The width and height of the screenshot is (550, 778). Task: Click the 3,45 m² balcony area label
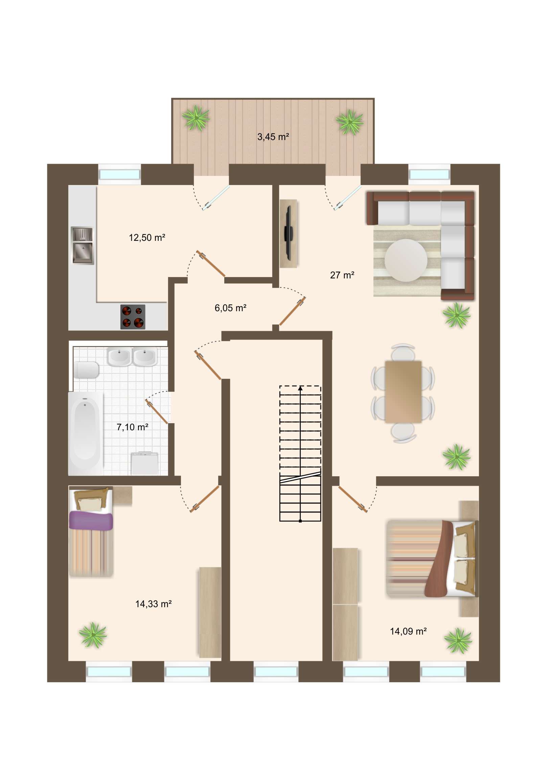pyautogui.click(x=273, y=137)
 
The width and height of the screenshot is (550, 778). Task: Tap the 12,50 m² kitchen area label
pyautogui.click(x=147, y=237)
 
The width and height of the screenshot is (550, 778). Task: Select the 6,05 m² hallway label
pyautogui.click(x=230, y=308)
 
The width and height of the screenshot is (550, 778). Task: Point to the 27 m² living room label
pyautogui.click(x=342, y=275)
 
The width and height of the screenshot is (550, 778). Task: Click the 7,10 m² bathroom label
pyautogui.click(x=132, y=427)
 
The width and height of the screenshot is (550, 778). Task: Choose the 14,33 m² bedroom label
pyautogui.click(x=153, y=604)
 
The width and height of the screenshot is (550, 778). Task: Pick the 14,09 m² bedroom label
pyautogui.click(x=408, y=631)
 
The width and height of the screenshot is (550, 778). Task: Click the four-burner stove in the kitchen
pyautogui.click(x=133, y=317)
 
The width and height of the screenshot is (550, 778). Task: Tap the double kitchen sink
pyautogui.click(x=82, y=246)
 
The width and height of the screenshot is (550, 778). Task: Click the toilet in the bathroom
pyautogui.click(x=87, y=369)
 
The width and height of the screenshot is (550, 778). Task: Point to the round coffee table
pyautogui.click(x=406, y=260)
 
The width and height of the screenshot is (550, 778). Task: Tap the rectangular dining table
pyautogui.click(x=403, y=392)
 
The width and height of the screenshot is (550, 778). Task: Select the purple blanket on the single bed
pyautogui.click(x=90, y=521)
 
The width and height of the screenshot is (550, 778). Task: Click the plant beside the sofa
pyautogui.click(x=456, y=315)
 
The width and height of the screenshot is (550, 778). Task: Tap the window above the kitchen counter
pyautogui.click(x=119, y=175)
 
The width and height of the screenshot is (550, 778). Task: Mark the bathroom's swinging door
pyautogui.click(x=157, y=411)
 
